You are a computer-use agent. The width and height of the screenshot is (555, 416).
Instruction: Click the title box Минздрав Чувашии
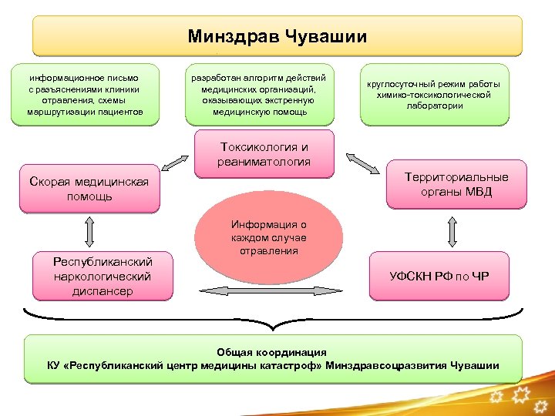pos(277,36)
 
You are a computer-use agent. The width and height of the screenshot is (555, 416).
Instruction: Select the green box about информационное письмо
pos(86,95)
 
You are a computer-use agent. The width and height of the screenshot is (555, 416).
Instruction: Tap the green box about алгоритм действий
pos(260,95)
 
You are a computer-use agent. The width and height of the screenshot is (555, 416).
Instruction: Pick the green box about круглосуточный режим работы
pos(437,95)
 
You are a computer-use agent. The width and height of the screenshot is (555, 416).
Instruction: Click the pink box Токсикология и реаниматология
pos(264,154)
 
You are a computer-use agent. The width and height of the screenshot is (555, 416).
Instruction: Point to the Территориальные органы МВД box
pos(457,184)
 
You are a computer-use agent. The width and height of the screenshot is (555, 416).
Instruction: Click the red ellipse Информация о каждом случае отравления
pos(268,240)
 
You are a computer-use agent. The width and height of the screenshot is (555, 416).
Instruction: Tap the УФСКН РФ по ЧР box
pos(440,275)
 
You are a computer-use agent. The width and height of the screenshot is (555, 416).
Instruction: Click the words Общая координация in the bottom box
pos(273,351)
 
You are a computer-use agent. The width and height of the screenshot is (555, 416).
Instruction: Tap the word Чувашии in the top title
pos(328,36)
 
